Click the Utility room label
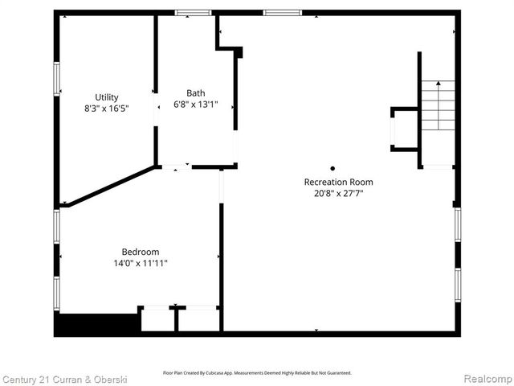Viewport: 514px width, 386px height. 106,97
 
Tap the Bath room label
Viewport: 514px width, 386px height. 195,92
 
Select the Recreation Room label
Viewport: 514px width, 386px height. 338,182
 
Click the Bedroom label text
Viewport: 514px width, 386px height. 141,251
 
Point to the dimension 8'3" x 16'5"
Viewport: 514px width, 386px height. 106,108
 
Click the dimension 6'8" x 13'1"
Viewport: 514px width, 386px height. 195,104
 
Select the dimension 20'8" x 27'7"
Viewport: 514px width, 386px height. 338,193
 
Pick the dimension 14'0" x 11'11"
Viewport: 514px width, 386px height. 141,262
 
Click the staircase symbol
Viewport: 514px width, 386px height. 438,106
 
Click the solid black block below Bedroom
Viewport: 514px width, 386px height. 96,324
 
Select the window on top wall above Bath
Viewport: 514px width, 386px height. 194,13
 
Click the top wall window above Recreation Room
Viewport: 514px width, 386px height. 283,13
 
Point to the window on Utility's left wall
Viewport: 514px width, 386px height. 56,79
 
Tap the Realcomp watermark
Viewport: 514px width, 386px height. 487,378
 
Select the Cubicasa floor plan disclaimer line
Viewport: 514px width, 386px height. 257,372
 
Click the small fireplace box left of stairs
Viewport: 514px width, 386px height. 404,129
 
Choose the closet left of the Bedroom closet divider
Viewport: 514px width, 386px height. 157,319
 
